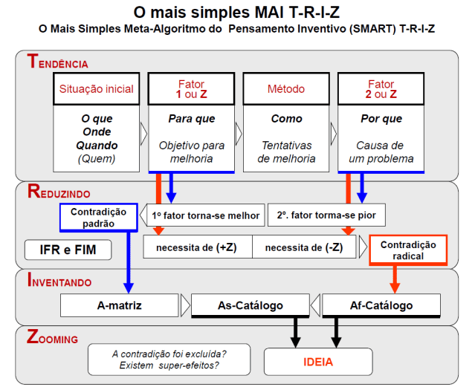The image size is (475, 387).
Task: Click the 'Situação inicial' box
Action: (100, 89)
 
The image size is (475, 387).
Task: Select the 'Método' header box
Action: (286, 89)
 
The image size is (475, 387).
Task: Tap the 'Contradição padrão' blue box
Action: (98, 217)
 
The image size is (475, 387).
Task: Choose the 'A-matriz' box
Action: (118, 305)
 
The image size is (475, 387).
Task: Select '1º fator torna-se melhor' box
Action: (205, 216)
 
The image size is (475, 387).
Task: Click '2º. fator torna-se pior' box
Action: (326, 216)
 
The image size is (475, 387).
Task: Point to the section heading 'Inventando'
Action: (59, 282)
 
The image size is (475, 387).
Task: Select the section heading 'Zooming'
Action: (52, 339)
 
